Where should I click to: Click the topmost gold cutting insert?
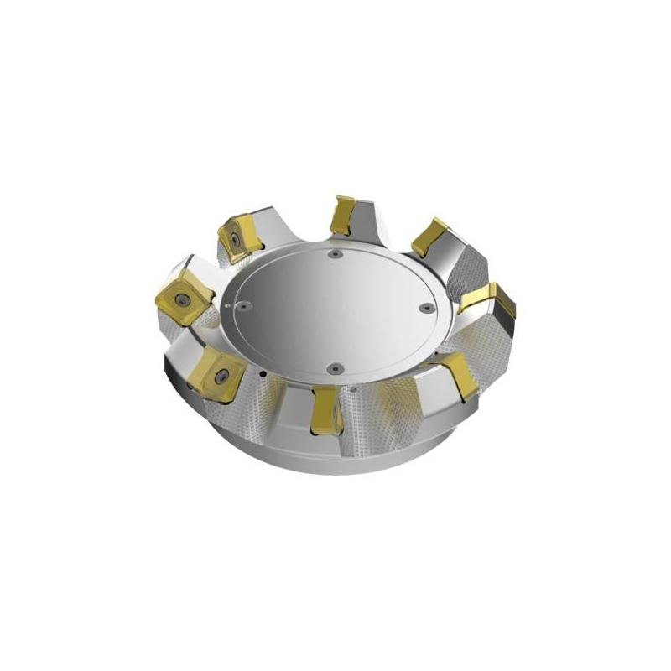pos(342,216)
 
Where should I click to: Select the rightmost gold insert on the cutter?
pos(489,299)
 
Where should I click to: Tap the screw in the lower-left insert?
pos(220,375)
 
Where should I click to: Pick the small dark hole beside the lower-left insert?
pos(263,373)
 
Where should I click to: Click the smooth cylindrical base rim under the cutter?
pos(335,457)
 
